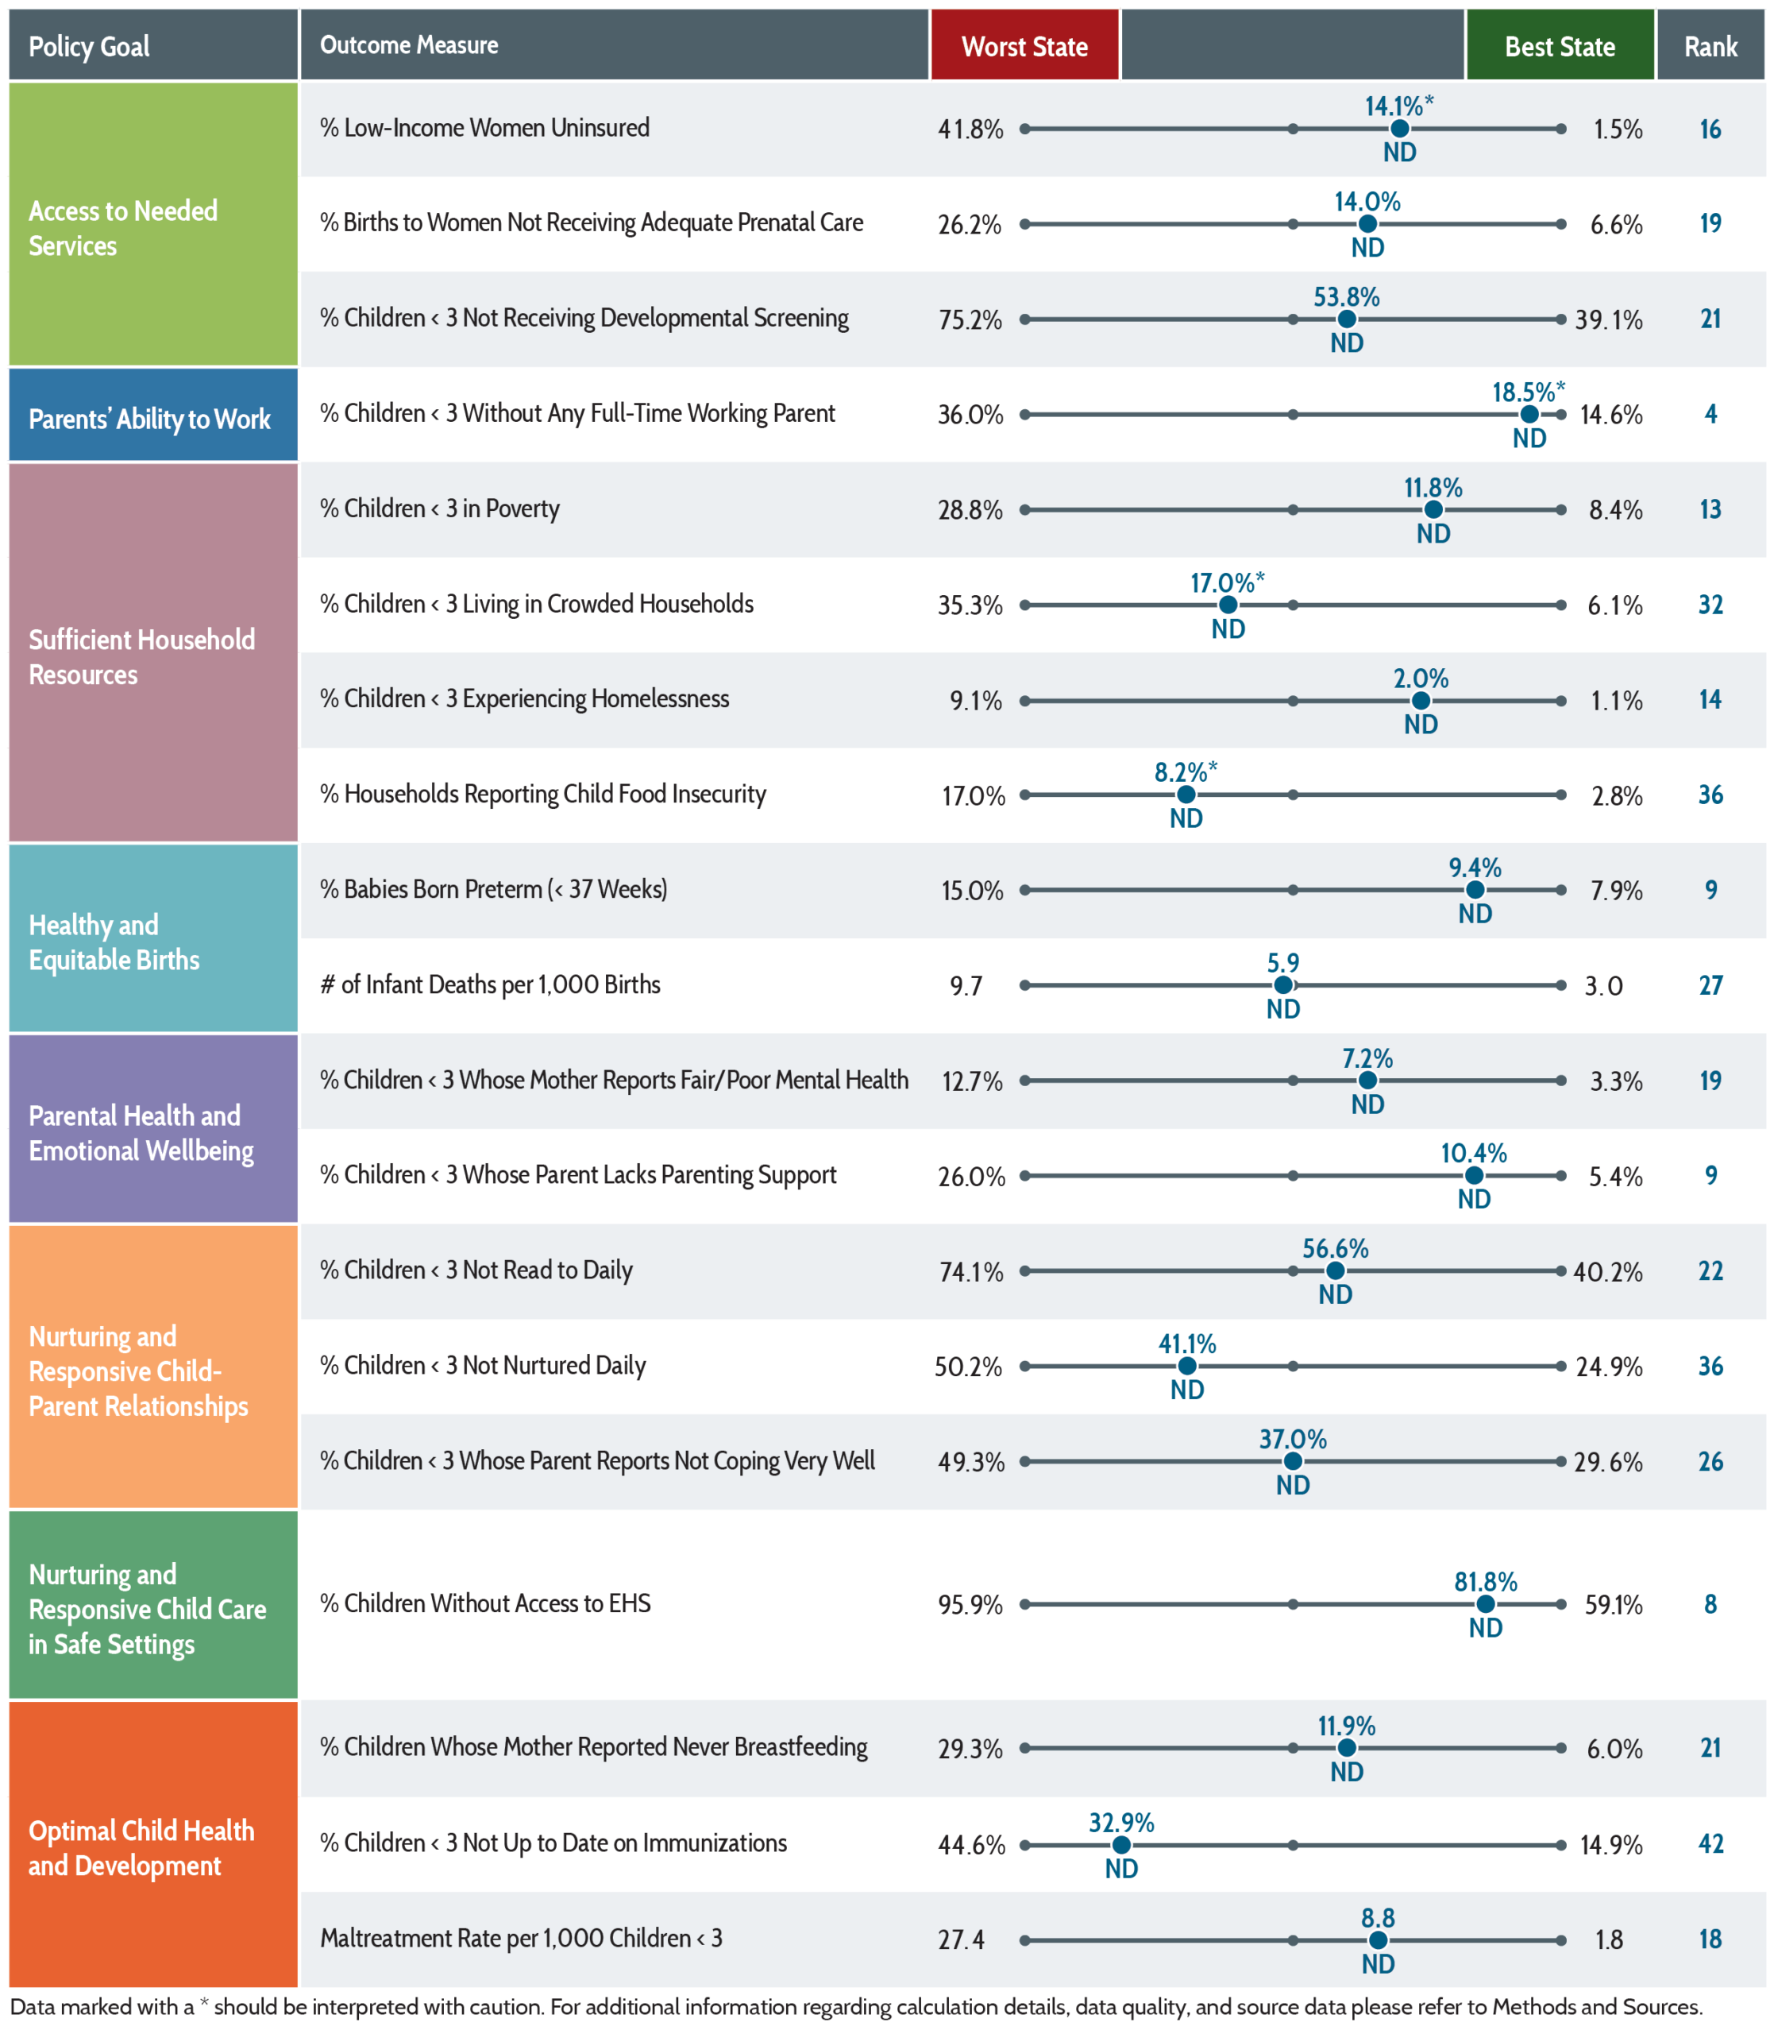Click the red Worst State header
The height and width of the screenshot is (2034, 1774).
[1024, 45]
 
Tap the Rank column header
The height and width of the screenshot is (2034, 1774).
[1710, 45]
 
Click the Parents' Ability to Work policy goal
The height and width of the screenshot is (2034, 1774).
[149, 419]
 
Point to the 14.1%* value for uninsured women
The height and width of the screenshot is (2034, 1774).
[1399, 105]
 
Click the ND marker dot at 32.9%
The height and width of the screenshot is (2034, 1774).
[1121, 1845]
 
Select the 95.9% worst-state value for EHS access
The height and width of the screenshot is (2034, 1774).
[970, 1604]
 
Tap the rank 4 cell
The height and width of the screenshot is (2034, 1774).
[1710, 414]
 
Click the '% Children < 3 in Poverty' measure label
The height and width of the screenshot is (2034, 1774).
[440, 509]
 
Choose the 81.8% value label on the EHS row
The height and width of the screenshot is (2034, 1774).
[1485, 1581]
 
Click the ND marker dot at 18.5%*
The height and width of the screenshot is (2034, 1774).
[1529, 414]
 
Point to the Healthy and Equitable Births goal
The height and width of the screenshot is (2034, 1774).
[114, 942]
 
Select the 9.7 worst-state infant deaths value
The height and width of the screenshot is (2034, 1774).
[966, 985]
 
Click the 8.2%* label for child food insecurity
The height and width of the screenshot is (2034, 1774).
[1186, 771]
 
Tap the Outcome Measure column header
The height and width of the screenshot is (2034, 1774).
[409, 44]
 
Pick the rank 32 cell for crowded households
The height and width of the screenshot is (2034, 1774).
[1710, 604]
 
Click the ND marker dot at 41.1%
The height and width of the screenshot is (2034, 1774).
[1187, 1366]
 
